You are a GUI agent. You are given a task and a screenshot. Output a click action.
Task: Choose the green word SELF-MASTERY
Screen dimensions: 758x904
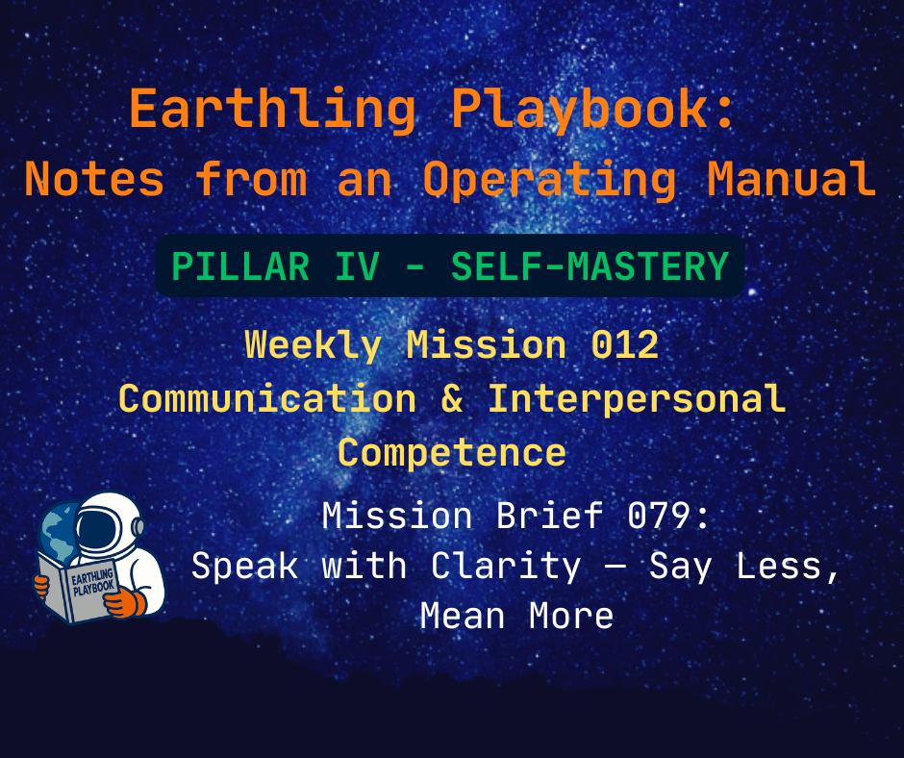click(590, 265)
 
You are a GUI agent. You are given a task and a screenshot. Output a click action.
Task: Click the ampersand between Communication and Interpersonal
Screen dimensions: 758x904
click(452, 398)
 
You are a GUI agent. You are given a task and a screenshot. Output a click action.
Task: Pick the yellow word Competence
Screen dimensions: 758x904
click(452, 451)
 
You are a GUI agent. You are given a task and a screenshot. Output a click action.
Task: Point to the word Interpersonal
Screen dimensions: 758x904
click(637, 398)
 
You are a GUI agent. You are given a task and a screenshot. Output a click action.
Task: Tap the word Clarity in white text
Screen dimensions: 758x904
click(506, 566)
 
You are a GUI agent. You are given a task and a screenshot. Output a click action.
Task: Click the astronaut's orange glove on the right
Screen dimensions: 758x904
click(125, 604)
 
